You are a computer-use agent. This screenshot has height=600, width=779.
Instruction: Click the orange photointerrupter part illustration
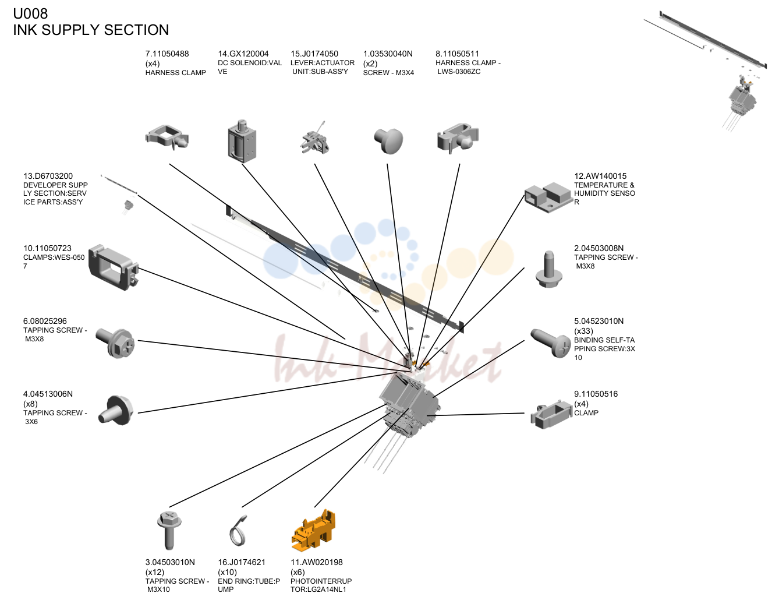click(x=313, y=530)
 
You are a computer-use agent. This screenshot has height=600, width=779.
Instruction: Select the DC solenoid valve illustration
click(x=242, y=141)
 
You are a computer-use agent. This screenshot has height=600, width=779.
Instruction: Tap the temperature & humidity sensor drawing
click(x=548, y=197)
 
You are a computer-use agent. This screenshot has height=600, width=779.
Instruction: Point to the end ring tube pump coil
click(x=238, y=531)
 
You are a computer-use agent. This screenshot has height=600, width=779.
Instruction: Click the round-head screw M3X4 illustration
click(x=388, y=141)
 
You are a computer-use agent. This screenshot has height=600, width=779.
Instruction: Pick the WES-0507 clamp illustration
click(x=114, y=267)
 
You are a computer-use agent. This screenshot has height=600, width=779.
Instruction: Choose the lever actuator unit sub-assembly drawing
click(x=314, y=139)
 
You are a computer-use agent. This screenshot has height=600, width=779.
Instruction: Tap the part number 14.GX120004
click(x=243, y=54)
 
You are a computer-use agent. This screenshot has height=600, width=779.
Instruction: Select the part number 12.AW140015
click(x=600, y=176)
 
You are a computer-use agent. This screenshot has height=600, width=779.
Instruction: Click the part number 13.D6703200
click(x=48, y=176)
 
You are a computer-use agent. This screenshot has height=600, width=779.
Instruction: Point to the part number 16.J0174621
click(x=242, y=562)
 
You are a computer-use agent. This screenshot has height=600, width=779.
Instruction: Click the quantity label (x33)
click(x=583, y=331)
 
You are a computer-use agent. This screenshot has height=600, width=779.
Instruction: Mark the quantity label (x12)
click(x=155, y=572)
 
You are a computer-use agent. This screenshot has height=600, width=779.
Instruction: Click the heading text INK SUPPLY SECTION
click(x=91, y=30)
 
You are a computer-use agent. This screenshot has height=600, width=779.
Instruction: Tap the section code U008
click(x=30, y=13)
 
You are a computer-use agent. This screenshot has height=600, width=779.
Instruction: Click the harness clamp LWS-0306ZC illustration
click(x=458, y=139)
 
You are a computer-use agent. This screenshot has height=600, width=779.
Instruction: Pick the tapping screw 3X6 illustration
click(x=115, y=411)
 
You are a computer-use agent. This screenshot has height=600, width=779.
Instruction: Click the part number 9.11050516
click(x=596, y=394)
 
